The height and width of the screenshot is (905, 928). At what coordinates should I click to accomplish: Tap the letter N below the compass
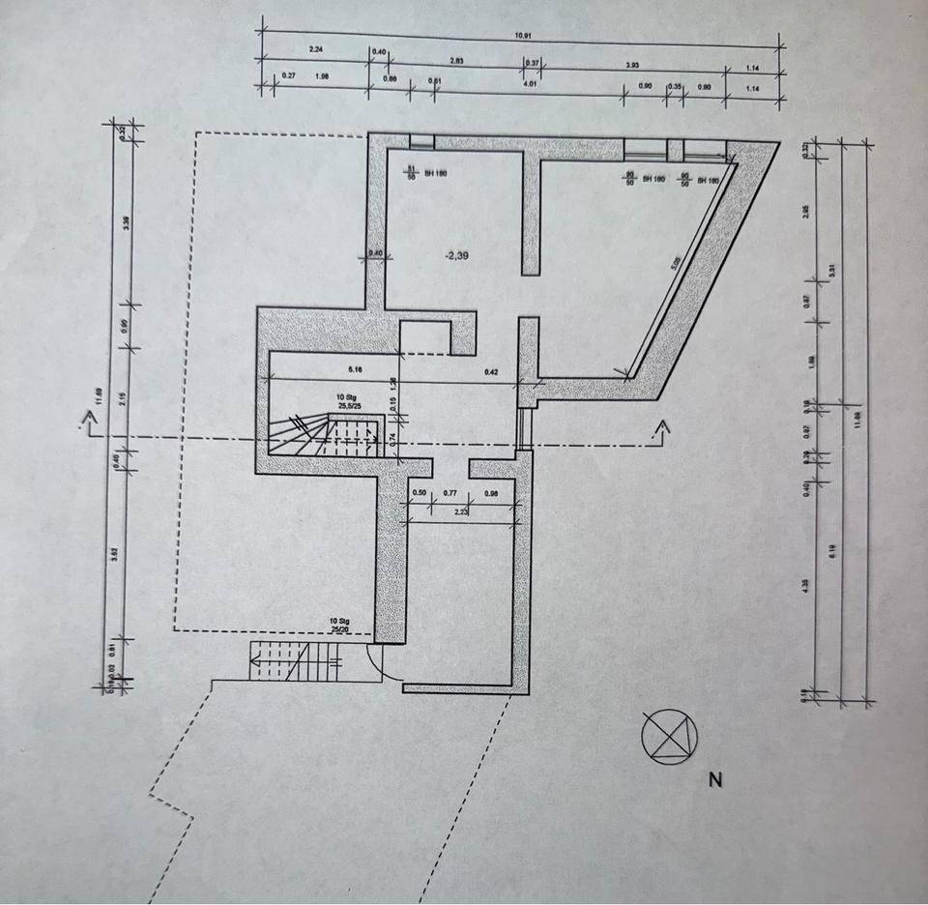[x=715, y=780]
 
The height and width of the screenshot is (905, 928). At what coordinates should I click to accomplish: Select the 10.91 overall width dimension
[x=523, y=36]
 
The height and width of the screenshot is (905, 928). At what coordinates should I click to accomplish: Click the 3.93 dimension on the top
[x=631, y=65]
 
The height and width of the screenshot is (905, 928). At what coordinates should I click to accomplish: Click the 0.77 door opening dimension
[x=449, y=494]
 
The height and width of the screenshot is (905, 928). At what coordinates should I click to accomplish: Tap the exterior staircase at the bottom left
[x=295, y=662]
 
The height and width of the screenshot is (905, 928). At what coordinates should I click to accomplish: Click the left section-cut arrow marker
[x=90, y=423]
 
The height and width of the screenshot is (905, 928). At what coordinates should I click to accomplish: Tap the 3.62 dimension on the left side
[x=114, y=555]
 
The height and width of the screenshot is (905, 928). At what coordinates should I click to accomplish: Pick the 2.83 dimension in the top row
[x=457, y=61]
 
